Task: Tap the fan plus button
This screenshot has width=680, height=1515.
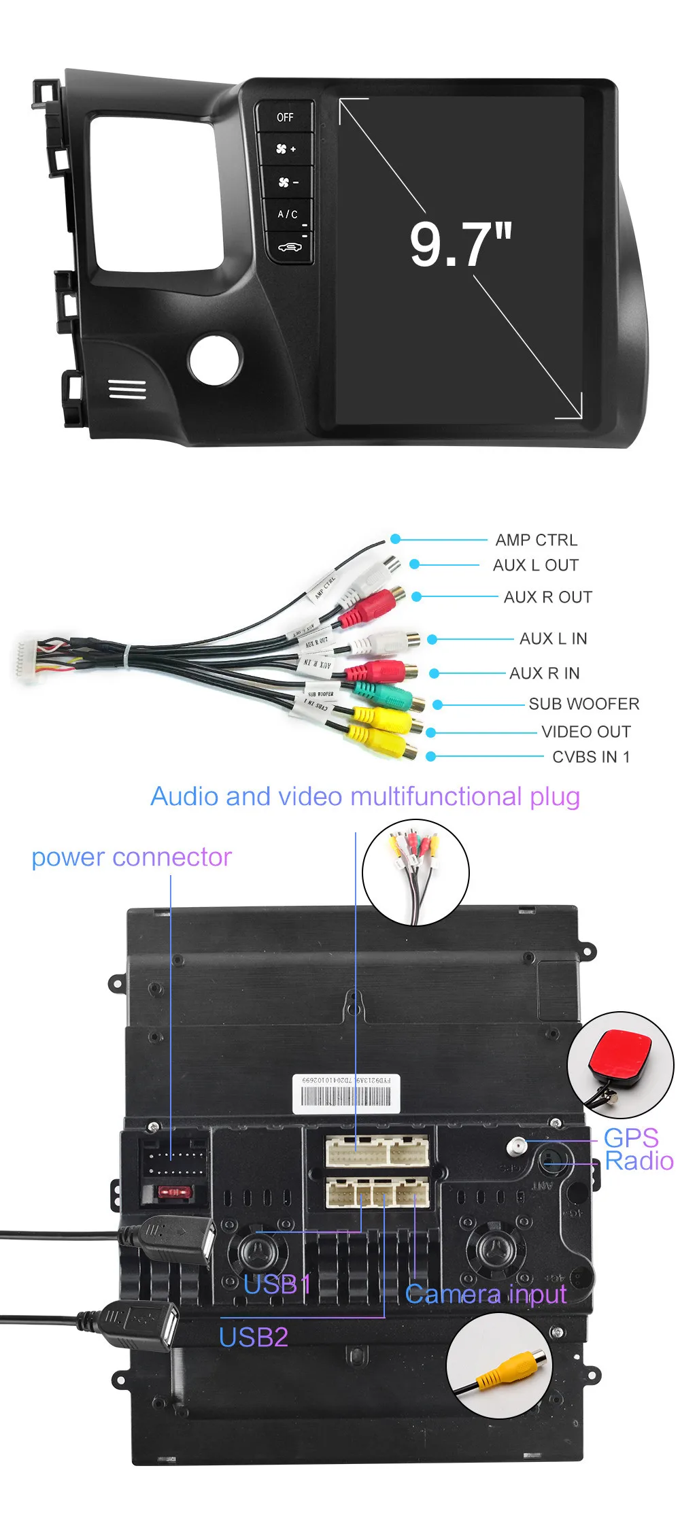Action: pyautogui.click(x=286, y=149)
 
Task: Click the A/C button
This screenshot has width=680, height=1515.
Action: pyautogui.click(x=287, y=214)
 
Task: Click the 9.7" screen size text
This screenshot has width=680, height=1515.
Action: pyautogui.click(x=460, y=244)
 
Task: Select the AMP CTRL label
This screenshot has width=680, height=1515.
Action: pyautogui.click(x=536, y=540)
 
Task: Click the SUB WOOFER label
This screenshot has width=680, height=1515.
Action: pyautogui.click(x=583, y=704)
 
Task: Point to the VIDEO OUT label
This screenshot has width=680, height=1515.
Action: pyautogui.click(x=585, y=732)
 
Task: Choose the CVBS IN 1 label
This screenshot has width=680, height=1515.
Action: pyautogui.click(x=590, y=757)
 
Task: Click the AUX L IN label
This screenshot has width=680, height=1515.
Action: pyautogui.click(x=553, y=639)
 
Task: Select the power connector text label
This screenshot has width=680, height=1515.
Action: pyautogui.click(x=131, y=857)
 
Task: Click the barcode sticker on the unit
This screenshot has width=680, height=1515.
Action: pyautogui.click(x=346, y=1093)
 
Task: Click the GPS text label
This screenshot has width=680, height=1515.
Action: pyautogui.click(x=630, y=1138)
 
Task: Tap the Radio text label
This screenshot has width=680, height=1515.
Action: pyautogui.click(x=639, y=1161)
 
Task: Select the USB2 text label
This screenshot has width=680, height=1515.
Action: pyautogui.click(x=253, y=1337)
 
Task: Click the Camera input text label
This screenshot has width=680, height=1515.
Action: pyautogui.click(x=485, y=1293)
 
